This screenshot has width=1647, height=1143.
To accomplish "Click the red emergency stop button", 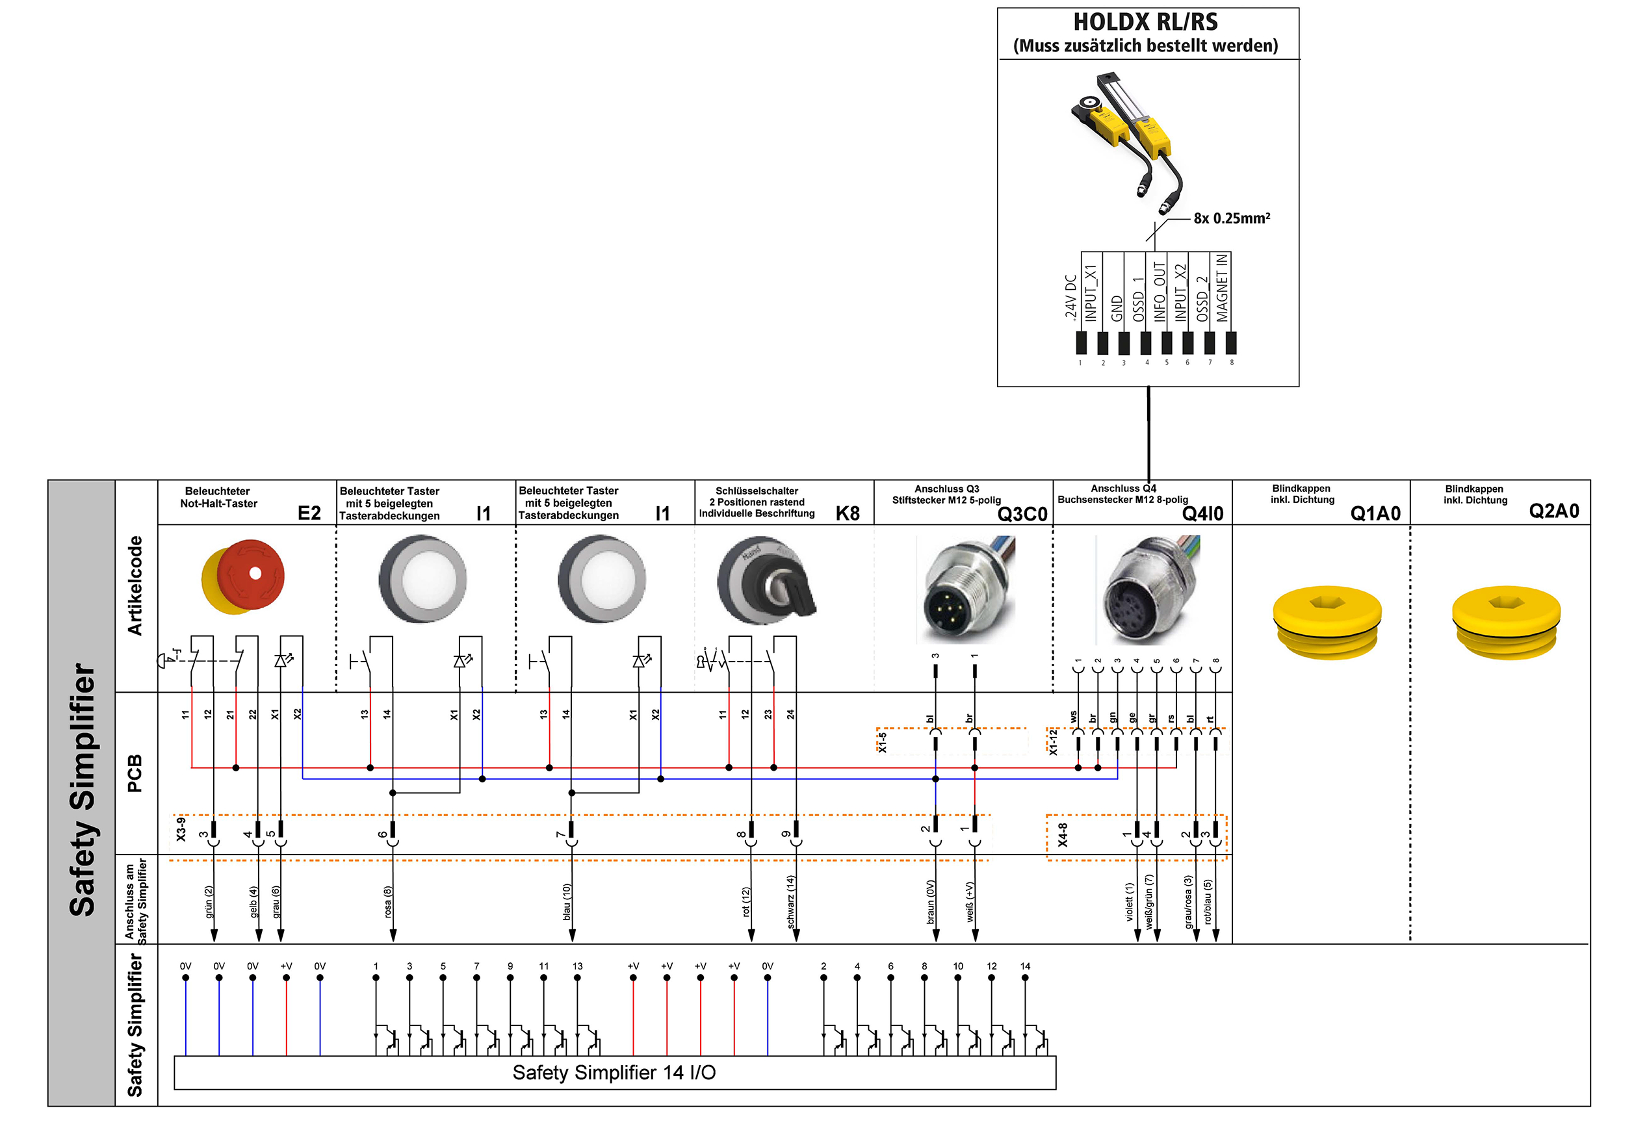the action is click(243, 576).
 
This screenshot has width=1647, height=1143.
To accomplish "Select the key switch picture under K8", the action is click(766, 581).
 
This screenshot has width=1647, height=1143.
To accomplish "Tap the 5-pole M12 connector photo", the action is click(965, 589).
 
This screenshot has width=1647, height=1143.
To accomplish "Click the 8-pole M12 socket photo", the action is click(1148, 590).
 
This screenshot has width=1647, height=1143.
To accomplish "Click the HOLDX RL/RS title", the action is click(1145, 22).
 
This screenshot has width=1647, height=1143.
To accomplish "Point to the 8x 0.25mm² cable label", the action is click(1232, 218).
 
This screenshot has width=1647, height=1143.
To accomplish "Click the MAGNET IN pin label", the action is click(1221, 288).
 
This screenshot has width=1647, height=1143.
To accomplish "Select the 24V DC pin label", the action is click(1070, 296).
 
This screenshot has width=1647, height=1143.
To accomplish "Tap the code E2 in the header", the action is click(309, 513).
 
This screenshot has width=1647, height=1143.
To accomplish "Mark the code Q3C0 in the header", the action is click(1022, 514).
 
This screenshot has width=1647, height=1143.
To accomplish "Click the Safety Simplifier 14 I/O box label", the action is click(614, 1072).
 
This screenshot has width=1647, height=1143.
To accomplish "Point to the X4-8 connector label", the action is click(1063, 835).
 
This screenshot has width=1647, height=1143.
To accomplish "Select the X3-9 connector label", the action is click(181, 829).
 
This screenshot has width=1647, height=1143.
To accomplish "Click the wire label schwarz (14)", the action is click(790, 902).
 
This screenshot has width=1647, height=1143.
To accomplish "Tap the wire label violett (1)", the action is click(1129, 902).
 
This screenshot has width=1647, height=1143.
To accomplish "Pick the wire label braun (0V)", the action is click(930, 902).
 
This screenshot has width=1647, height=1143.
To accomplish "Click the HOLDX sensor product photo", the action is click(1127, 143).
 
